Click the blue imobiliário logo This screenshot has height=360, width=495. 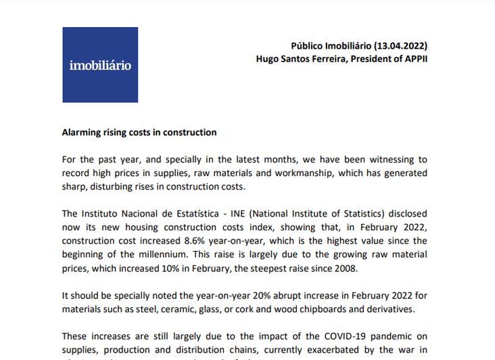click(x=100, y=65)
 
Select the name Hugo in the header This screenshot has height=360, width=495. click(x=268, y=59)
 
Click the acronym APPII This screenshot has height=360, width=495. click(x=414, y=59)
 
